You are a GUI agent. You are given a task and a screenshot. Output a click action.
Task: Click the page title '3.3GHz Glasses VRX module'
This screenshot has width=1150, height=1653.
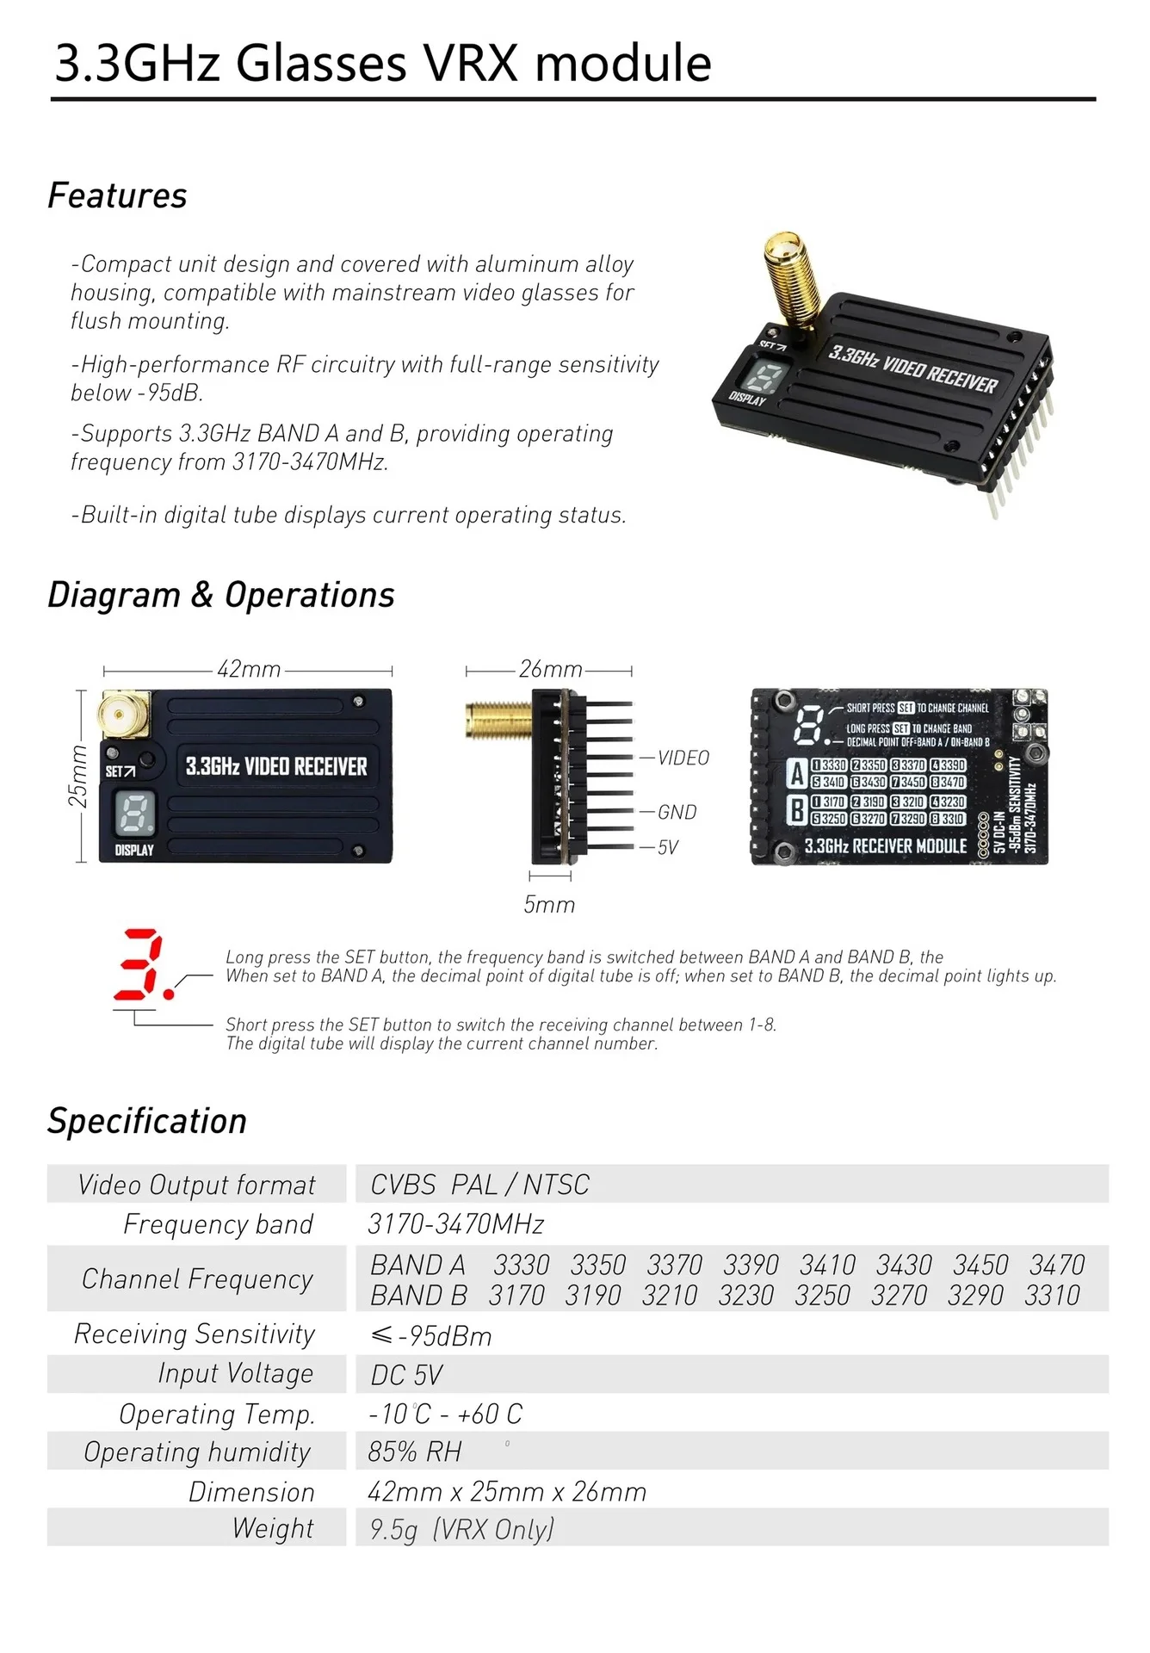coord(383,63)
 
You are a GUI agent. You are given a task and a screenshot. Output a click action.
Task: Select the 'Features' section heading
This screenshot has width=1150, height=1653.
coord(117,195)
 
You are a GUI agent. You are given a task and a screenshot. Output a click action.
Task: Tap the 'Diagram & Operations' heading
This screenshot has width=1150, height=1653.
coord(221,595)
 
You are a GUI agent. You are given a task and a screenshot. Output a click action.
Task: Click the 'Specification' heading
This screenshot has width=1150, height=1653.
coord(147,1121)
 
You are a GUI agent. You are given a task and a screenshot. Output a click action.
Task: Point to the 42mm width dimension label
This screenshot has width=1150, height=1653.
coord(249,669)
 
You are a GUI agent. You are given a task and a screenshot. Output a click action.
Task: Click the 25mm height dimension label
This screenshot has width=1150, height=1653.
coord(77,777)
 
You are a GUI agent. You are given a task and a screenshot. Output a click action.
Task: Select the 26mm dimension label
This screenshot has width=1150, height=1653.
coord(550,669)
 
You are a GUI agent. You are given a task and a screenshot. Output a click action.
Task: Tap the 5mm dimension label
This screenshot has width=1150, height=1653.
coord(549,904)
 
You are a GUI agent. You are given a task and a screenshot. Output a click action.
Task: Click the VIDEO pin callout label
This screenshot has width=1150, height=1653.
coord(683,758)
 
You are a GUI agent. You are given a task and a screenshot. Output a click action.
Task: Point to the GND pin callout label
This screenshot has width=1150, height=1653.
coord(677,812)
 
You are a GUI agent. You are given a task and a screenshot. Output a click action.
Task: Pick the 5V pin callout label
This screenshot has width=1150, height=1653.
coord(668,847)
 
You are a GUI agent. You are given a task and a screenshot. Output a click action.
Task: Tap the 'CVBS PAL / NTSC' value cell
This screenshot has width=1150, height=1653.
coord(479,1185)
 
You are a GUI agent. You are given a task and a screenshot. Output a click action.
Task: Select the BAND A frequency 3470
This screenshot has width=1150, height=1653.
coord(1057,1265)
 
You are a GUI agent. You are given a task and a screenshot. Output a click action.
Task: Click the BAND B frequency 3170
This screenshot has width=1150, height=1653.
coord(516,1295)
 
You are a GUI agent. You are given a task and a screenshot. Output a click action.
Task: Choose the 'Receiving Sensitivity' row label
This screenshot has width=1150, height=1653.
coord(195,1334)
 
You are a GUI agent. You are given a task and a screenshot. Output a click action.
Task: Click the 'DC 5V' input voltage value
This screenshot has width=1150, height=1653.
coord(406,1375)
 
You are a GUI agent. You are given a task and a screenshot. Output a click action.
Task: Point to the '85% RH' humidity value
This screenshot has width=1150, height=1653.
coord(414,1452)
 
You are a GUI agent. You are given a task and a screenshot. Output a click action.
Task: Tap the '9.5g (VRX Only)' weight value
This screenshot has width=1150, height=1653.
coord(462,1529)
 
